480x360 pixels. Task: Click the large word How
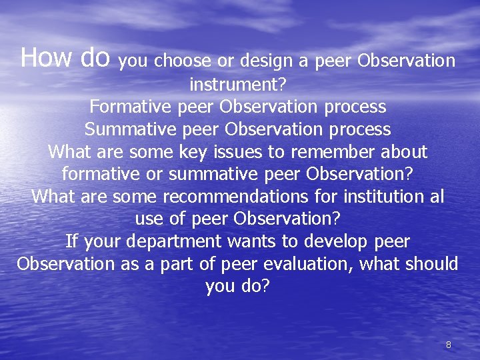(x=46, y=58)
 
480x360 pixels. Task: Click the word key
(x=194, y=152)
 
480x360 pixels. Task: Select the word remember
(x=333, y=152)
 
